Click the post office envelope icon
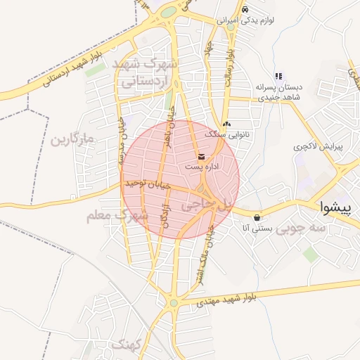click(202, 156)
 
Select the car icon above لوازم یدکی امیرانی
click(245, 10)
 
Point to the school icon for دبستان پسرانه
click(279, 76)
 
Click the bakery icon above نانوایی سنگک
click(226, 123)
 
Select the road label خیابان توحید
click(148, 184)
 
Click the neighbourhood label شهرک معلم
click(117, 216)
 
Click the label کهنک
click(127, 345)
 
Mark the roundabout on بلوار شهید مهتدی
click(174, 304)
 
